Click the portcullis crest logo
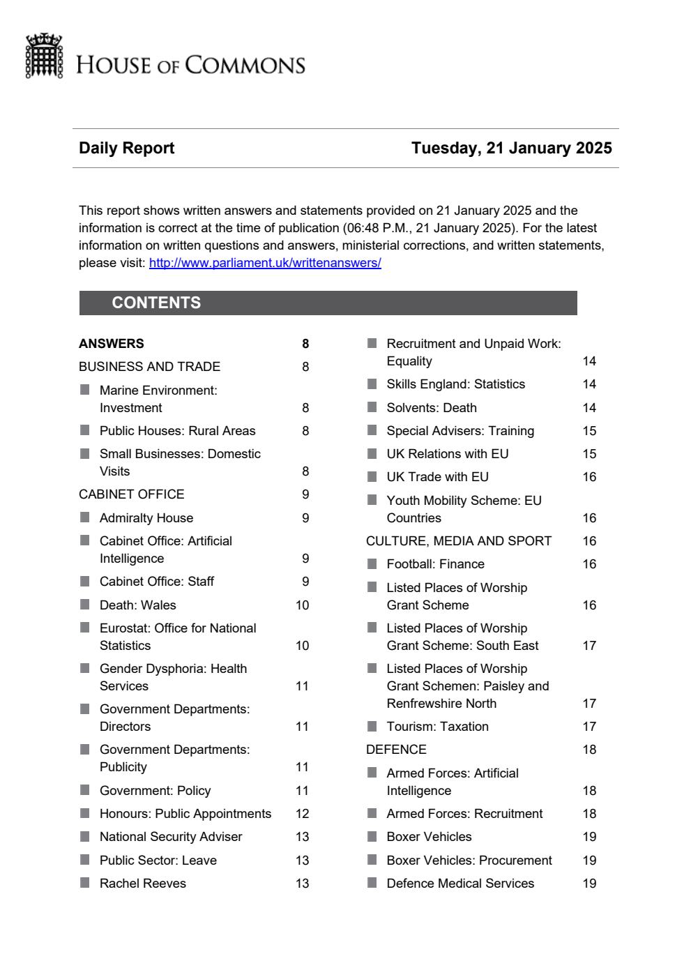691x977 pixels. pyautogui.click(x=44, y=56)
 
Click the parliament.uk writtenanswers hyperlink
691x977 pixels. pyautogui.click(x=265, y=263)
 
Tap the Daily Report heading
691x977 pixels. pyautogui.click(x=126, y=148)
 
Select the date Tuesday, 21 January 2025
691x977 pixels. pyautogui.click(x=511, y=148)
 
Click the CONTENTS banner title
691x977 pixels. pyautogui.click(x=156, y=303)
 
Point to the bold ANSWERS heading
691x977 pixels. pyautogui.click(x=112, y=344)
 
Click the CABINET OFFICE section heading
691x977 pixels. pyautogui.click(x=131, y=494)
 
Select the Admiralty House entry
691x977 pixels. pyautogui.click(x=146, y=518)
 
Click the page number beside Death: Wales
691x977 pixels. pyautogui.click(x=302, y=605)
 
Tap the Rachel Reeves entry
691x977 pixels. pyautogui.click(x=143, y=884)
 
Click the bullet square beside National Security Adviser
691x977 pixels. pyautogui.click(x=85, y=836)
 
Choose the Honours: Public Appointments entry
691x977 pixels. pyautogui.click(x=185, y=814)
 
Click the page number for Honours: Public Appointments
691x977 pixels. pyautogui.click(x=302, y=814)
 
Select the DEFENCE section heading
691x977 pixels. pyautogui.click(x=396, y=750)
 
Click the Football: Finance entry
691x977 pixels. pyautogui.click(x=436, y=564)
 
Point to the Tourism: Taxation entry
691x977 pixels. pyautogui.click(x=438, y=727)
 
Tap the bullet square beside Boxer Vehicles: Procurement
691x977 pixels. pyautogui.click(x=372, y=860)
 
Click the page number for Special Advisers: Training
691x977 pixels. pyautogui.click(x=589, y=431)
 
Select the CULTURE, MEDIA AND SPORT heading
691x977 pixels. pyautogui.click(x=459, y=541)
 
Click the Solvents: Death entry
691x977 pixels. pyautogui.click(x=432, y=408)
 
